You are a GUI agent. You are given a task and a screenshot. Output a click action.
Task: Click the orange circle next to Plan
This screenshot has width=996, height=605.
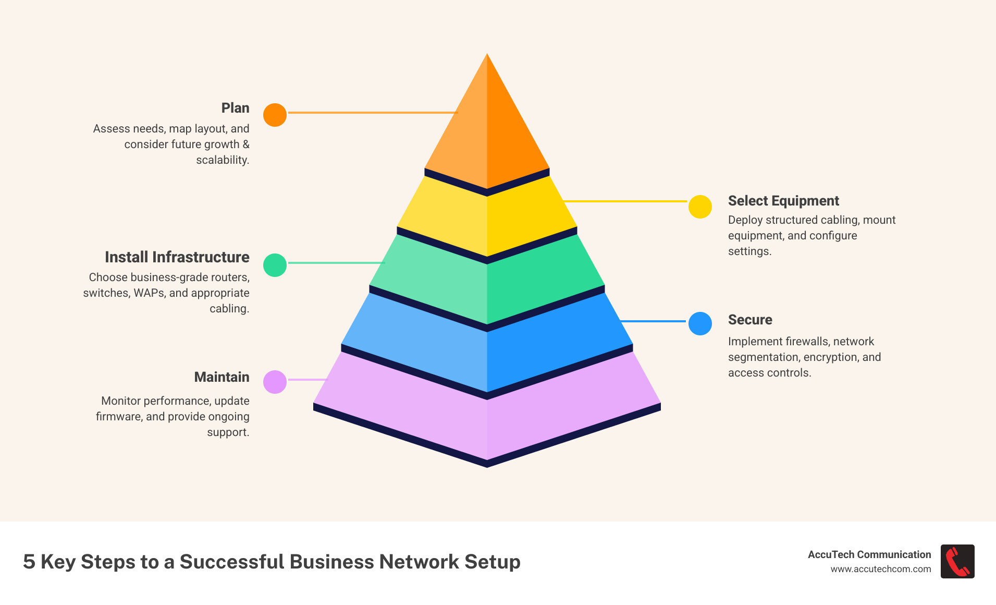click(275, 115)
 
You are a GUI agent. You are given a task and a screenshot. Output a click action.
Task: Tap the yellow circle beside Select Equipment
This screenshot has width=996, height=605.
click(700, 207)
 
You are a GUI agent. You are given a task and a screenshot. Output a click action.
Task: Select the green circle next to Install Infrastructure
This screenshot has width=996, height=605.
click(275, 265)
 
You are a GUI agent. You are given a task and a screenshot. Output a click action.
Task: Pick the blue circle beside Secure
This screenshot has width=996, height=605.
click(700, 323)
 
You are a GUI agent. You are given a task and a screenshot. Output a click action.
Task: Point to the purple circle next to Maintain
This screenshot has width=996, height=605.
click(275, 382)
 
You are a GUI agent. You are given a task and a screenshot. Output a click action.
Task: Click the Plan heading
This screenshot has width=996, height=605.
click(235, 108)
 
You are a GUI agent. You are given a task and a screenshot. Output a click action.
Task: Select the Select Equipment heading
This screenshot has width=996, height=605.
click(783, 201)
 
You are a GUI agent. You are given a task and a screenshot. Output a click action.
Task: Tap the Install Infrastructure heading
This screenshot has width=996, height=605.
click(177, 257)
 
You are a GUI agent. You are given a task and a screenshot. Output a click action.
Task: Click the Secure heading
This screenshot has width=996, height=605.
click(749, 320)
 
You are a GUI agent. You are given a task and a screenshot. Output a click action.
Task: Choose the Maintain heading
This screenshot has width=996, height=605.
click(222, 377)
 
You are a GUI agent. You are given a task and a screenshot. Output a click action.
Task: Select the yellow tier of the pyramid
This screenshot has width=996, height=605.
click(487, 219)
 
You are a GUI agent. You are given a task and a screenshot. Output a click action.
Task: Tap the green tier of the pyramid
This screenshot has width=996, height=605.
click(487, 284)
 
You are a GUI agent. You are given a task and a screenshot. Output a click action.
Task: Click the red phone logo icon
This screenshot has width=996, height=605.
click(957, 561)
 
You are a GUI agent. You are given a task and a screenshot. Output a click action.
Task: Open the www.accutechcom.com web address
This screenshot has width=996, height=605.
click(880, 569)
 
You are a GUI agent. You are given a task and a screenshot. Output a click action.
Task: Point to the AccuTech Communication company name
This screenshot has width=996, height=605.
click(869, 554)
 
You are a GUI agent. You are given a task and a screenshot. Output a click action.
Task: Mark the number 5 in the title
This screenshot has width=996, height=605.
click(29, 562)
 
